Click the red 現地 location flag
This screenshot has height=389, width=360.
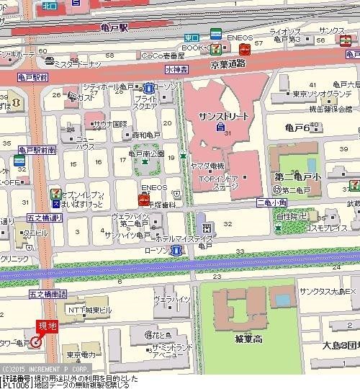47,326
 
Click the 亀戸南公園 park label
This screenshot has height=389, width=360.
147,153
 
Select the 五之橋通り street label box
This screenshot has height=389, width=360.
44,216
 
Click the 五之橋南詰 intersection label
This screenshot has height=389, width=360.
47,294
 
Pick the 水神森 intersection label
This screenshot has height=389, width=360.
176,70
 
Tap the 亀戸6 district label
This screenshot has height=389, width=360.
297,128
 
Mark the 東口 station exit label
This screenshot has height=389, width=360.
192,37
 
